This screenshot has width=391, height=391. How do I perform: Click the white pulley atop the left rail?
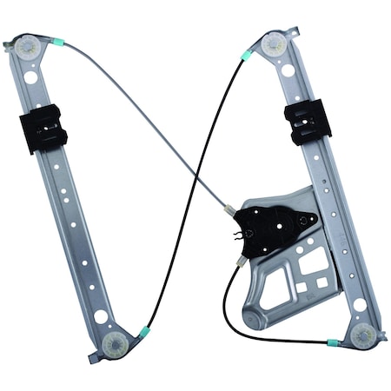click(x=28, y=47)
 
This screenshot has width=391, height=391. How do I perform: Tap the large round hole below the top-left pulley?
click(x=31, y=77)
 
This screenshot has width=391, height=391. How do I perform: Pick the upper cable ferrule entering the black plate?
click(x=229, y=210)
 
